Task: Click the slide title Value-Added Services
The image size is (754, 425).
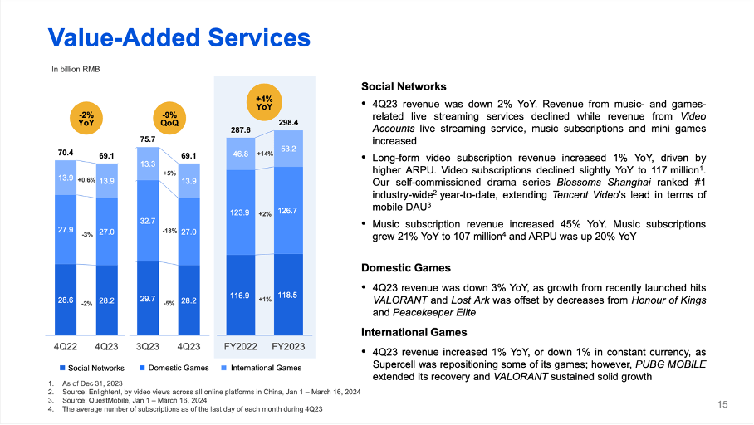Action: (179, 37)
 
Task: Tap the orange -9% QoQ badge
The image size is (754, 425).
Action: (170, 116)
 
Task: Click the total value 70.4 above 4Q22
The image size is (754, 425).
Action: (66, 153)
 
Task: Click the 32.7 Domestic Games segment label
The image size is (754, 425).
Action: (148, 222)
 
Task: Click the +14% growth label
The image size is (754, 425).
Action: (265, 154)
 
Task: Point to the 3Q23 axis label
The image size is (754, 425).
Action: (148, 345)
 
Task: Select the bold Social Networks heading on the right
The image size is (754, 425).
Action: (404, 86)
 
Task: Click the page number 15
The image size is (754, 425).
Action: (722, 404)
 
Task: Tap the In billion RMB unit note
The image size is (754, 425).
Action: (76, 70)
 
